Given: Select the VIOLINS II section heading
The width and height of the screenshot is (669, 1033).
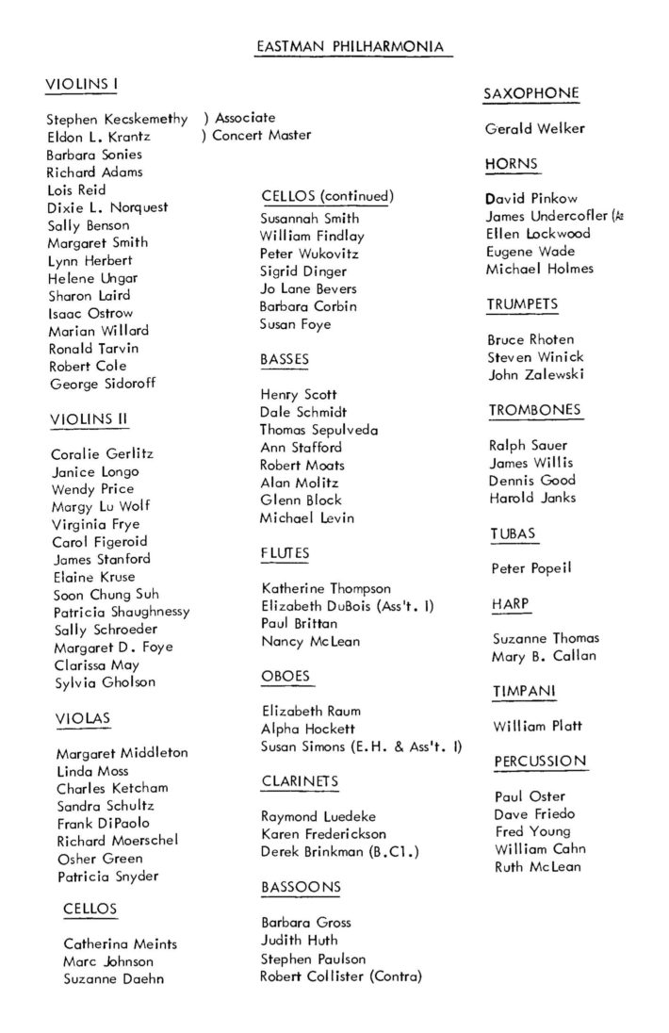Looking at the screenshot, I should tap(88, 419).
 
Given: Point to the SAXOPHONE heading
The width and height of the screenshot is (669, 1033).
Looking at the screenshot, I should tap(530, 93).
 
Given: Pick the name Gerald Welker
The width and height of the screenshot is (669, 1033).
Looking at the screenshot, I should tap(534, 129).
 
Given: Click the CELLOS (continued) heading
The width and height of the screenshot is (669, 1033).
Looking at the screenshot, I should tap(326, 196).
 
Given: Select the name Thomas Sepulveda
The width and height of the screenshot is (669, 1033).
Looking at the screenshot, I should tap(318, 430).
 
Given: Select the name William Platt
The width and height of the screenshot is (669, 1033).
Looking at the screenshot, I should tap(536, 727).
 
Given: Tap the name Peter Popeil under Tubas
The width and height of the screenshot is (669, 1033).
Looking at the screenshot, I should tap(531, 568).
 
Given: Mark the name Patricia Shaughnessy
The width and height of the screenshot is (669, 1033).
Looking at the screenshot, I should tap(121, 612).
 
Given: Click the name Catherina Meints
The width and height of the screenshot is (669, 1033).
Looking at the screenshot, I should tap(120, 943).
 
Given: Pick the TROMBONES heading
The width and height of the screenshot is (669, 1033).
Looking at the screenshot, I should tap(534, 410).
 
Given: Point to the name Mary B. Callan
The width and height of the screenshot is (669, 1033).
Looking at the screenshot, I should tap(544, 656).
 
